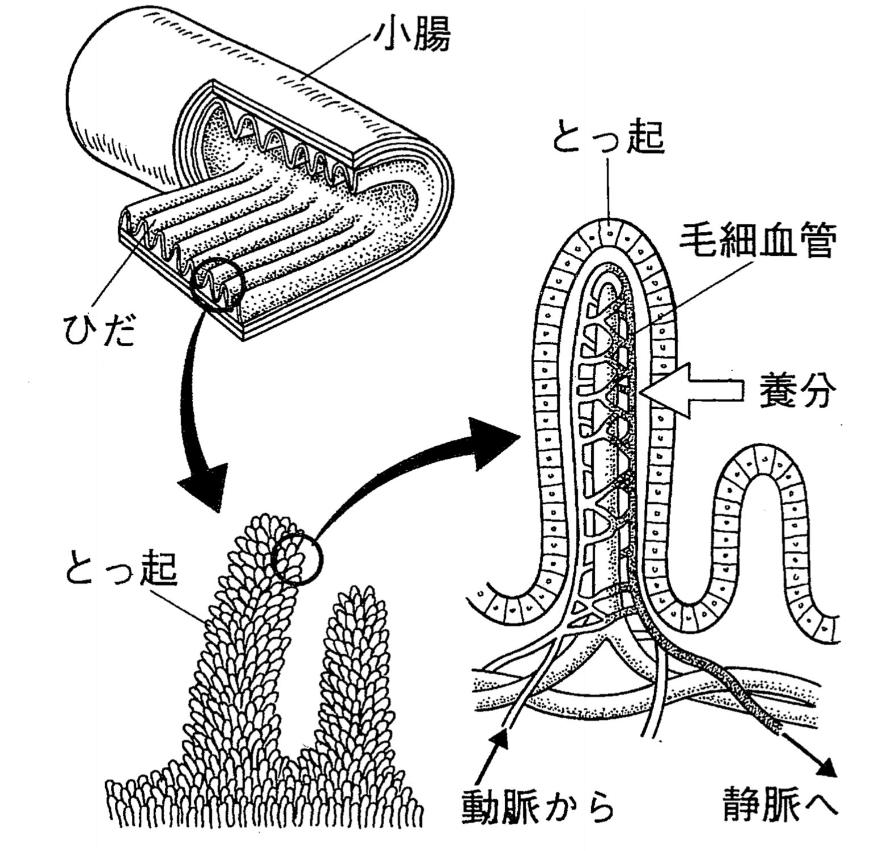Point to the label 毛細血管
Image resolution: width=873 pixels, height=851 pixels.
(758, 243)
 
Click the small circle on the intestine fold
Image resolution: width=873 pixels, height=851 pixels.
(218, 283)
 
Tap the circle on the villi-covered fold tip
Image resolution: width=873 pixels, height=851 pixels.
(297, 559)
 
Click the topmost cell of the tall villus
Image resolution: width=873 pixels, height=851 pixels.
(609, 231)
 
